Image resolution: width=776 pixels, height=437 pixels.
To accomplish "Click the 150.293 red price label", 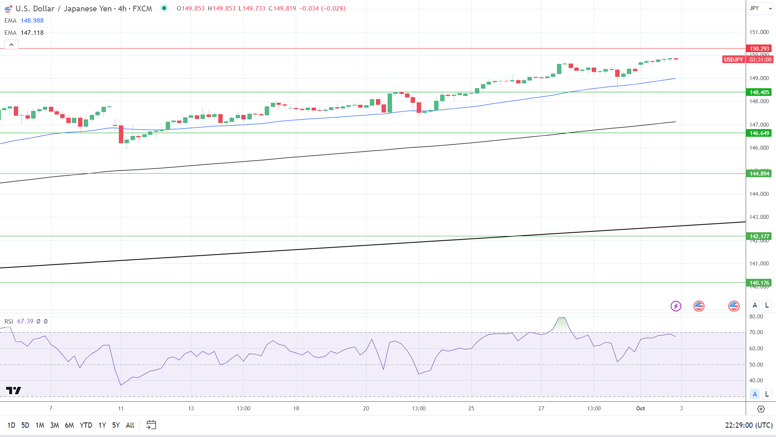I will tap(759, 49).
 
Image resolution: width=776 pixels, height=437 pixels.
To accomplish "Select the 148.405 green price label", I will tap(759, 92).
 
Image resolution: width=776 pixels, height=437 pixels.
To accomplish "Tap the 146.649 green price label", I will tap(759, 133).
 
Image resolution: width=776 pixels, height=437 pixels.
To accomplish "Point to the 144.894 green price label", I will tap(759, 174).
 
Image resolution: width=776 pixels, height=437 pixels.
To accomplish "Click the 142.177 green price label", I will tap(759, 236).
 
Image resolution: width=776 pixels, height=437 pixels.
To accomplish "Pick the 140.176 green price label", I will tap(759, 283).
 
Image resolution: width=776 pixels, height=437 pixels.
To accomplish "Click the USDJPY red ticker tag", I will tap(733, 59).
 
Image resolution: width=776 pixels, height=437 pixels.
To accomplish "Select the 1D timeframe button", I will tap(11, 425).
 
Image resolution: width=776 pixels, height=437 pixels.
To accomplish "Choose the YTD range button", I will tap(86, 425).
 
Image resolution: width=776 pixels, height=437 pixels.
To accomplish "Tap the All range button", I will tap(130, 425).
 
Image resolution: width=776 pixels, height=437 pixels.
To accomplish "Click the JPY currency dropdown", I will tap(760, 8).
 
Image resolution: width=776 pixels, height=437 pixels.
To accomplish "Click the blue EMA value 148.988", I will tap(32, 21).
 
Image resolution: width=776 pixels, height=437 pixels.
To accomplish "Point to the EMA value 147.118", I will tap(32, 33).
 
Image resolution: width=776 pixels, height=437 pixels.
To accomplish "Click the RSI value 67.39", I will tap(25, 321).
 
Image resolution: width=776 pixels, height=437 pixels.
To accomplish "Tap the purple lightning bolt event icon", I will tap(676, 306).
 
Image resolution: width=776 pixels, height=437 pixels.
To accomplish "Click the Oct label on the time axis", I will tap(640, 408).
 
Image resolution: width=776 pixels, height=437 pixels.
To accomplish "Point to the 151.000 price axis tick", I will tap(759, 32).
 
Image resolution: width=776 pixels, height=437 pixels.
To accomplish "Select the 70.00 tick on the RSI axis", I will tap(756, 332).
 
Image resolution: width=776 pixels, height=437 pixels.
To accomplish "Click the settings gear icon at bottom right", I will tap(761, 409).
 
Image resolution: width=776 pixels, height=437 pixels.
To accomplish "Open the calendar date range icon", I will tap(151, 425).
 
